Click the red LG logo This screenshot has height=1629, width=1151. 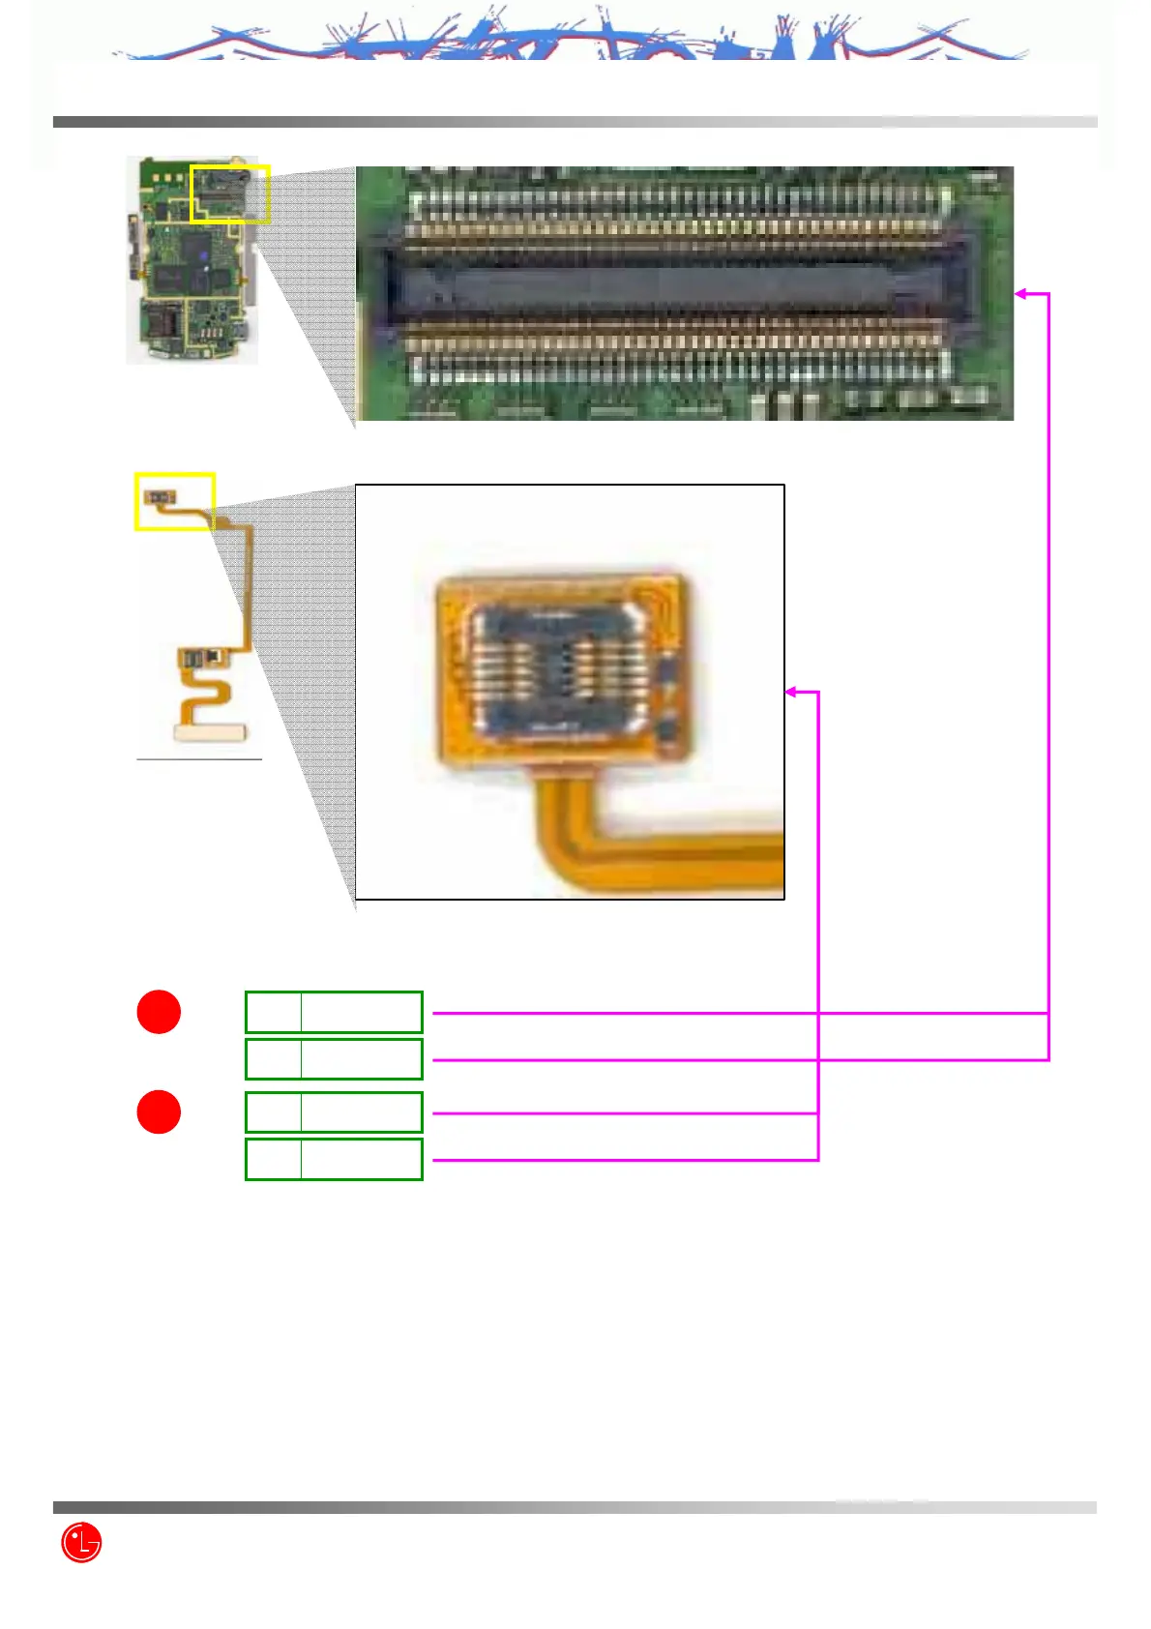point(81,1542)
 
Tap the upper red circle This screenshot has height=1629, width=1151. point(159,1012)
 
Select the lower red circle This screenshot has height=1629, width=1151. point(159,1111)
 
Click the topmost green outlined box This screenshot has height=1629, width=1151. point(334,1012)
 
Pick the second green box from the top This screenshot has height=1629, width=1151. point(334,1058)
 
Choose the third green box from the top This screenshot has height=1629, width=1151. point(334,1111)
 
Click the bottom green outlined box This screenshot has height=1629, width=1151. point(334,1159)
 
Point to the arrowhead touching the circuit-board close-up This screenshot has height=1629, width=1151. point(1020,293)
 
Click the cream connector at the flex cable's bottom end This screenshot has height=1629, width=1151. point(210,732)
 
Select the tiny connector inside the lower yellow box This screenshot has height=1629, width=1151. point(161,496)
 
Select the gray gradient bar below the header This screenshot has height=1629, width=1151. point(575,122)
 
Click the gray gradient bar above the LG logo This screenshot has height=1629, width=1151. point(575,1507)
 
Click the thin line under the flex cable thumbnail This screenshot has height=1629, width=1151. point(199,760)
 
